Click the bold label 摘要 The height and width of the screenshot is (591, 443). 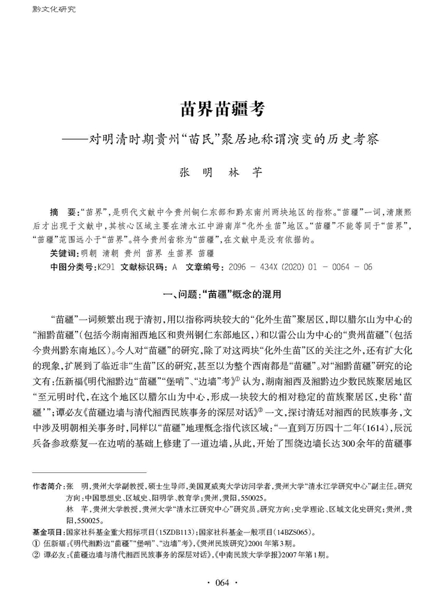coord(64,211)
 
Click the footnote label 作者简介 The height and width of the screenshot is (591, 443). coord(47,485)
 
